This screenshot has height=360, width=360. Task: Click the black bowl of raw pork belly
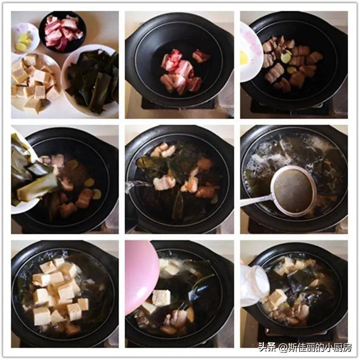tap(62, 31)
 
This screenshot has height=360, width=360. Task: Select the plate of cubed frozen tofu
tap(34, 82)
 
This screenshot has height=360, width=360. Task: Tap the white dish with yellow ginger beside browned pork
tap(251, 52)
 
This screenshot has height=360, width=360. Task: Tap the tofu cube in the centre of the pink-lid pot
tap(162, 298)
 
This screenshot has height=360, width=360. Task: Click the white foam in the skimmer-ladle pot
tap(266, 159)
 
